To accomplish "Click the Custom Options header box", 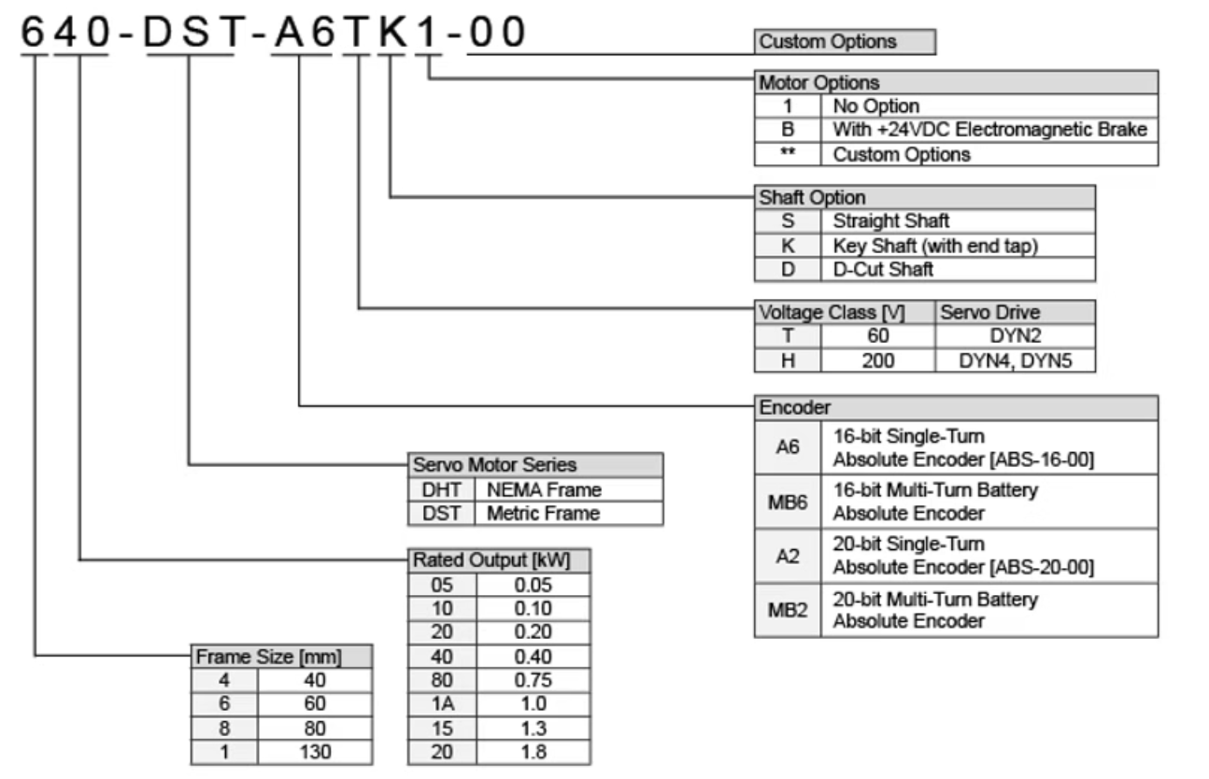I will tap(844, 42).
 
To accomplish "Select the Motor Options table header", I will tap(956, 82).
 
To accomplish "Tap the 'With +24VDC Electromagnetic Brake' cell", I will tap(989, 130).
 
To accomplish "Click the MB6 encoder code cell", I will tap(787, 501).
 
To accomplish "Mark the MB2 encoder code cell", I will tap(787, 610).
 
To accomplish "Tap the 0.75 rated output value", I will tap(533, 680).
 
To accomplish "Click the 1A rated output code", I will tap(443, 704).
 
